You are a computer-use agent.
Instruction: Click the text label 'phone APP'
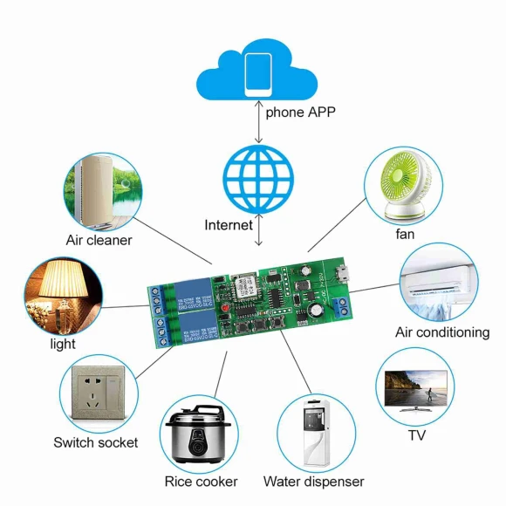(300, 112)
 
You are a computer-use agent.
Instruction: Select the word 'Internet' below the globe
(229, 225)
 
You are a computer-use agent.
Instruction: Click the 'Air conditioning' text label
(442, 332)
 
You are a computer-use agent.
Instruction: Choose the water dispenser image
(313, 433)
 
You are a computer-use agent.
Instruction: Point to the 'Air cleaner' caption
(99, 240)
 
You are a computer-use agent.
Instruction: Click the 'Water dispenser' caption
(313, 482)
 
